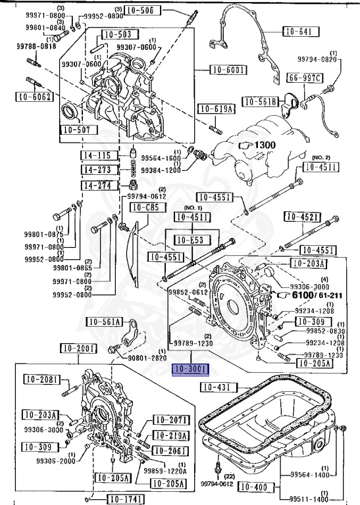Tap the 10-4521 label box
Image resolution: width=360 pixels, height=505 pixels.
pos(300,217)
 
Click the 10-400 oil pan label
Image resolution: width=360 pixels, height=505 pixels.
pos(253,487)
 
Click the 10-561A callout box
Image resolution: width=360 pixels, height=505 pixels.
pos(105,322)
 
